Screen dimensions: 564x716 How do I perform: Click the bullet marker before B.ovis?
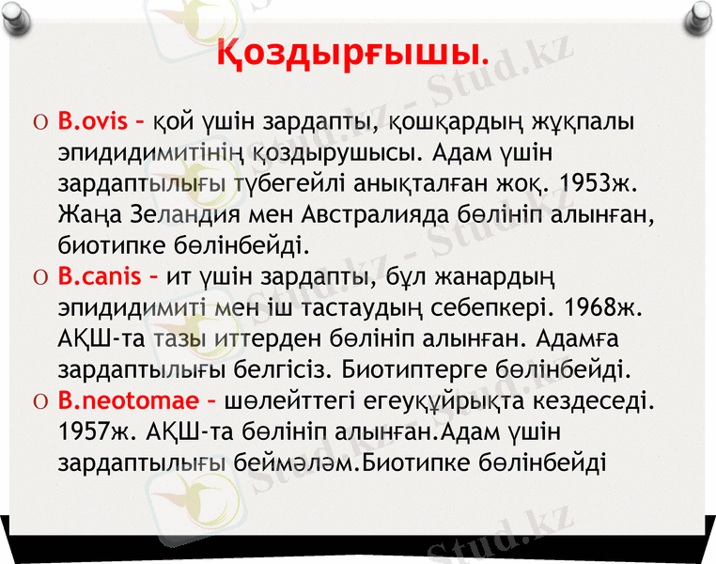[36, 123]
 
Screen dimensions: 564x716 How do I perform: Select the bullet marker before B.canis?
[36, 278]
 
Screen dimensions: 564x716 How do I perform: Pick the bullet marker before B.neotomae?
[36, 402]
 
